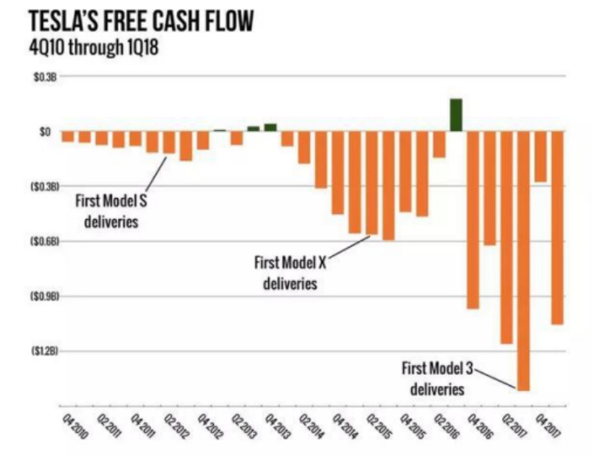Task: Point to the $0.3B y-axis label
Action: [x=41, y=77]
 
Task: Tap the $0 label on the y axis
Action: [x=45, y=131]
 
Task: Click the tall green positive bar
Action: [x=456, y=115]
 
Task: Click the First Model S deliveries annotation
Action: [x=111, y=209]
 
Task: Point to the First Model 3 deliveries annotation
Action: [x=437, y=379]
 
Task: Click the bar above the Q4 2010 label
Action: [x=68, y=137]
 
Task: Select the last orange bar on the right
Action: [x=557, y=227]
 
